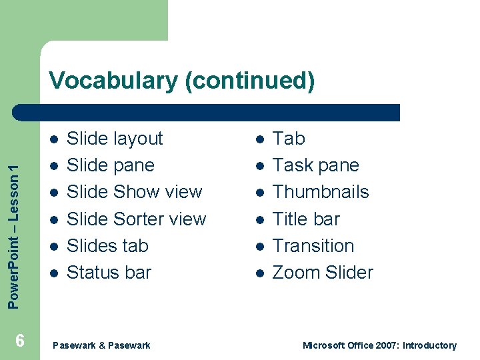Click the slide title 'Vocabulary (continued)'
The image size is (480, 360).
point(181,81)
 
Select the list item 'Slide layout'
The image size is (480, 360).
point(115,139)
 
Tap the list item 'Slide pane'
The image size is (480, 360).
point(111,165)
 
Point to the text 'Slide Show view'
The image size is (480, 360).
point(134,192)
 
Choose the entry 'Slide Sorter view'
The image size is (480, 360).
point(137,219)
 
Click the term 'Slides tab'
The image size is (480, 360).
point(107,246)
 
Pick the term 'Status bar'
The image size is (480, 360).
point(109,273)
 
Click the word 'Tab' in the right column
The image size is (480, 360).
point(289,139)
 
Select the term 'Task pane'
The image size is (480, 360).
point(315,165)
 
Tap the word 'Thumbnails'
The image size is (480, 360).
point(321,192)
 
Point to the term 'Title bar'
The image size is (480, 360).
point(306,219)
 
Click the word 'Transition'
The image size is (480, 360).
point(313,246)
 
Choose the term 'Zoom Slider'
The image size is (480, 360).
point(323,273)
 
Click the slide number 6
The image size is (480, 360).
point(20,341)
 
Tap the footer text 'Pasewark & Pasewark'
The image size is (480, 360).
point(101,345)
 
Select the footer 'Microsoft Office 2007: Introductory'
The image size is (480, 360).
point(379,345)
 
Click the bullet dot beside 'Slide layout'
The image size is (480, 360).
point(54,139)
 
